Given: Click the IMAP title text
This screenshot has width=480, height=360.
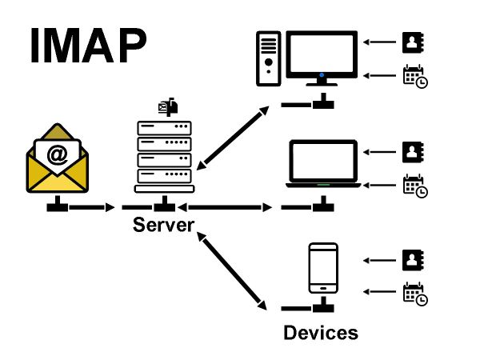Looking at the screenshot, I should (88, 46).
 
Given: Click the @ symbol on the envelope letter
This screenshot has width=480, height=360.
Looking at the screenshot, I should (57, 154).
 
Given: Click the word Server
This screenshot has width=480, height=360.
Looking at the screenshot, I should (163, 225).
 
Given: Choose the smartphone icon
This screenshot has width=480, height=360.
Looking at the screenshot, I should (322, 269).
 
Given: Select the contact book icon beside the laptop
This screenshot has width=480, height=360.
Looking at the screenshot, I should (412, 150).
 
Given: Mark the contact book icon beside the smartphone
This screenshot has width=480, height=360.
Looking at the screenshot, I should (412, 259).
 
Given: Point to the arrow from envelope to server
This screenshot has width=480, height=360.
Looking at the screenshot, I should (88, 208).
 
